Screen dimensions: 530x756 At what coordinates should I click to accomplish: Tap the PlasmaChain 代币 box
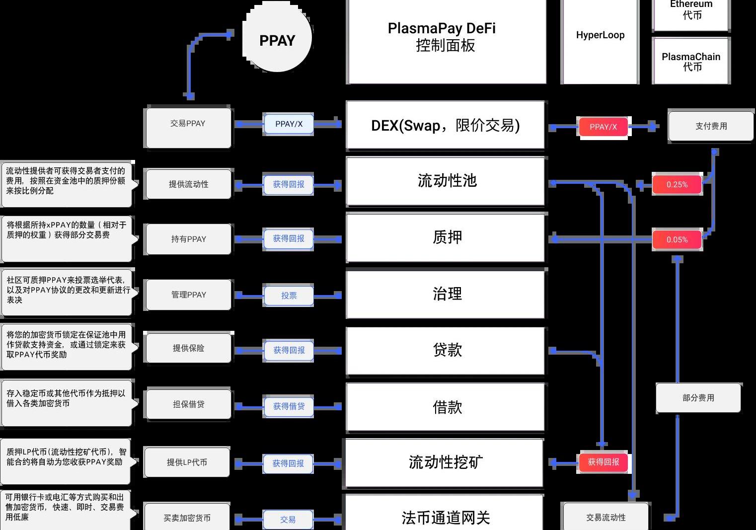coord(691,61)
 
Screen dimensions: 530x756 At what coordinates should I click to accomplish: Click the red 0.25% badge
coord(677,184)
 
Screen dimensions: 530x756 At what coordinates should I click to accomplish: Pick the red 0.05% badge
coord(677,239)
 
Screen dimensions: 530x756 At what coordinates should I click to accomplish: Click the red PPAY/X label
coord(603,127)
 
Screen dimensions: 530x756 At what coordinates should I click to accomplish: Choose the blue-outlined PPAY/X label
coord(289,124)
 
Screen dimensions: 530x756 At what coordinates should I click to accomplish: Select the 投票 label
coord(289,296)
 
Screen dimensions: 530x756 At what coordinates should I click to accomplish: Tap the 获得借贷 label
coord(289,406)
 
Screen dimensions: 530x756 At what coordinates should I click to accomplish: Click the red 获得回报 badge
coord(604,462)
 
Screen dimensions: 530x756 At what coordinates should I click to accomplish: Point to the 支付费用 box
coord(711,126)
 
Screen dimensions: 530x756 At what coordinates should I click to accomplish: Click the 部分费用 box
coord(698,398)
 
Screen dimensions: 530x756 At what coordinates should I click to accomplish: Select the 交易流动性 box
coord(605,517)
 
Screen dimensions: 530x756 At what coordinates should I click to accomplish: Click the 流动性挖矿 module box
coord(445,462)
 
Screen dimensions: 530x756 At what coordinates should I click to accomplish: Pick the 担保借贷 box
coord(188,404)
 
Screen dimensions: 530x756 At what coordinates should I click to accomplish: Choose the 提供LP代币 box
coord(187,462)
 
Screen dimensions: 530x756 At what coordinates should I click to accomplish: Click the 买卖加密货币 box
coord(187,518)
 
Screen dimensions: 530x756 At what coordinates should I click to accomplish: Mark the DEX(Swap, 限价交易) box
coord(446,126)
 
